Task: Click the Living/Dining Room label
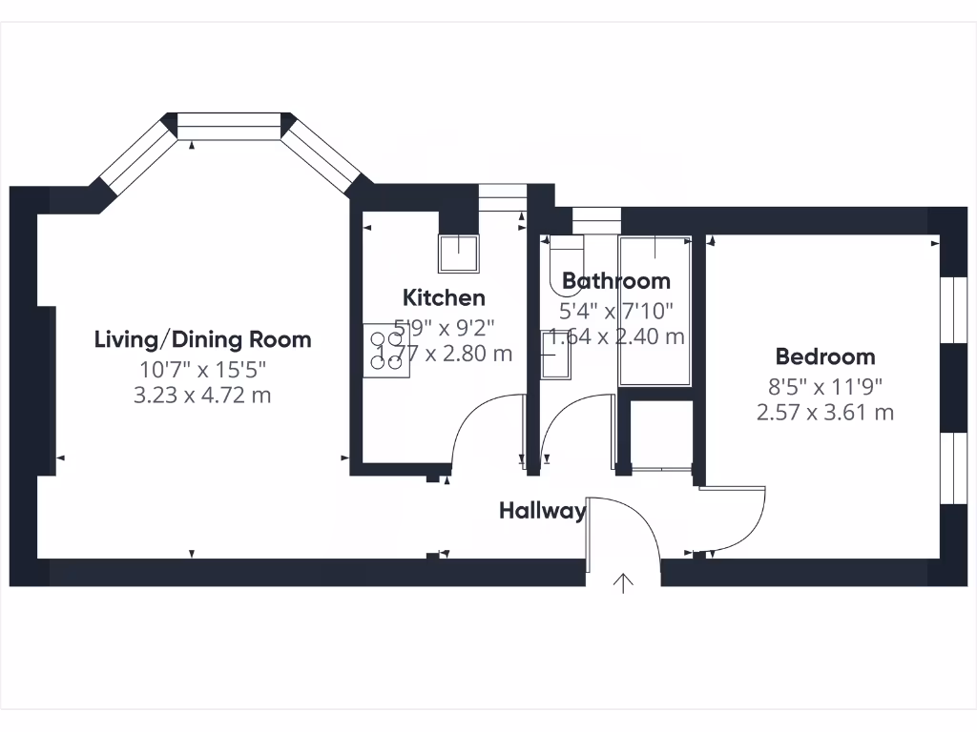point(202,339)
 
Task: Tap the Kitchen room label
point(444,297)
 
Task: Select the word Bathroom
point(615,281)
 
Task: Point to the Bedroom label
point(824,357)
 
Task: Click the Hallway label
point(542,511)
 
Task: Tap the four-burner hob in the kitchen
point(385,351)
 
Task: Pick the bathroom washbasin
point(554,355)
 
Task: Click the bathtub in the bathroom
point(655,311)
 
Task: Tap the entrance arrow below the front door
point(624,582)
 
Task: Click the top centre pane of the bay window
point(230,125)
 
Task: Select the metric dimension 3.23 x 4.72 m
point(202,394)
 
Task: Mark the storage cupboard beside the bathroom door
point(661,434)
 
